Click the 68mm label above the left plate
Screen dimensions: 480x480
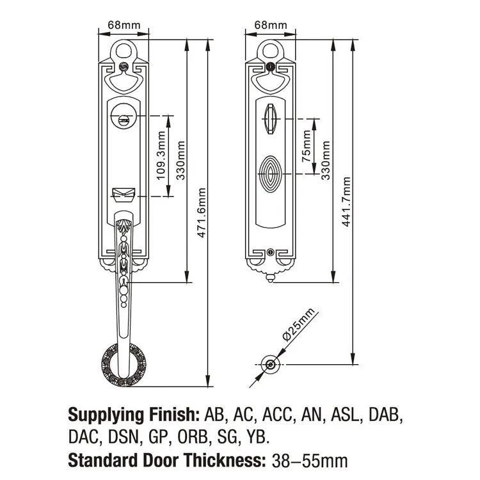pyautogui.click(x=122, y=25)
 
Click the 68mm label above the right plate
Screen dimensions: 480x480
pyautogui.click(x=269, y=25)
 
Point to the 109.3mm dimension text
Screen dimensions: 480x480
pyautogui.click(x=161, y=156)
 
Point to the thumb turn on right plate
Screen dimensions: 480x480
pyautogui.click(x=269, y=117)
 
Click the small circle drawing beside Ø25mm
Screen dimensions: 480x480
pyautogui.click(x=271, y=365)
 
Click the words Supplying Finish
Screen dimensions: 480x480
pyautogui.click(x=134, y=414)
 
